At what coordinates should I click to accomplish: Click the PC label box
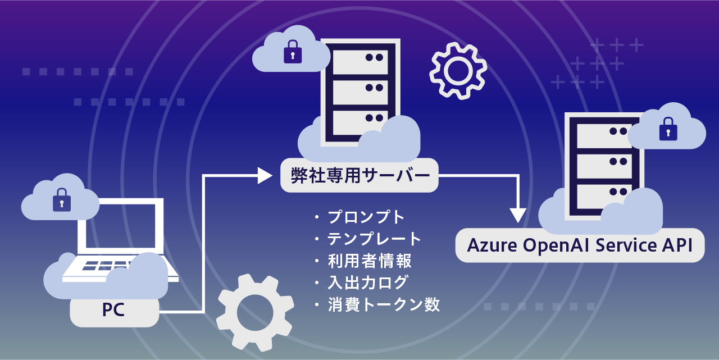(114, 310)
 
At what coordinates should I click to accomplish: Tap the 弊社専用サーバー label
(359, 176)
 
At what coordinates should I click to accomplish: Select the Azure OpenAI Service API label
(579, 245)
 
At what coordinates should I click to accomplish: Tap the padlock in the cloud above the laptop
(62, 200)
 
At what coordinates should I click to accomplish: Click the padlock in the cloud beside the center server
(293, 52)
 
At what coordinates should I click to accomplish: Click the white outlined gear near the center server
(458, 70)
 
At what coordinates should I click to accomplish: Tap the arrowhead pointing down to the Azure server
(517, 215)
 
